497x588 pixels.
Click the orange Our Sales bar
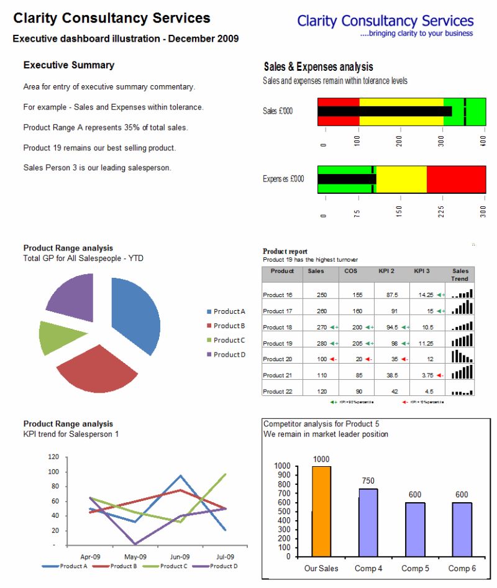(321, 511)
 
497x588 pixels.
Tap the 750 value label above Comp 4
(368, 480)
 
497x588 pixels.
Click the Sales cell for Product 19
(321, 343)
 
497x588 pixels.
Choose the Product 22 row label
(277, 392)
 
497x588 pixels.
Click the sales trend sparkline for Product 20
(462, 357)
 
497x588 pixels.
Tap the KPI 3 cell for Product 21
(426, 375)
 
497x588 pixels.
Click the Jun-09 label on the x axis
(180, 557)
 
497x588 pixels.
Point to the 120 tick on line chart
(53, 457)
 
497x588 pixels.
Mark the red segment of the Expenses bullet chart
(455, 179)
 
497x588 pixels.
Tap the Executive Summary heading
(69, 65)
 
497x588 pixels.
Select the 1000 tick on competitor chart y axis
(282, 466)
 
